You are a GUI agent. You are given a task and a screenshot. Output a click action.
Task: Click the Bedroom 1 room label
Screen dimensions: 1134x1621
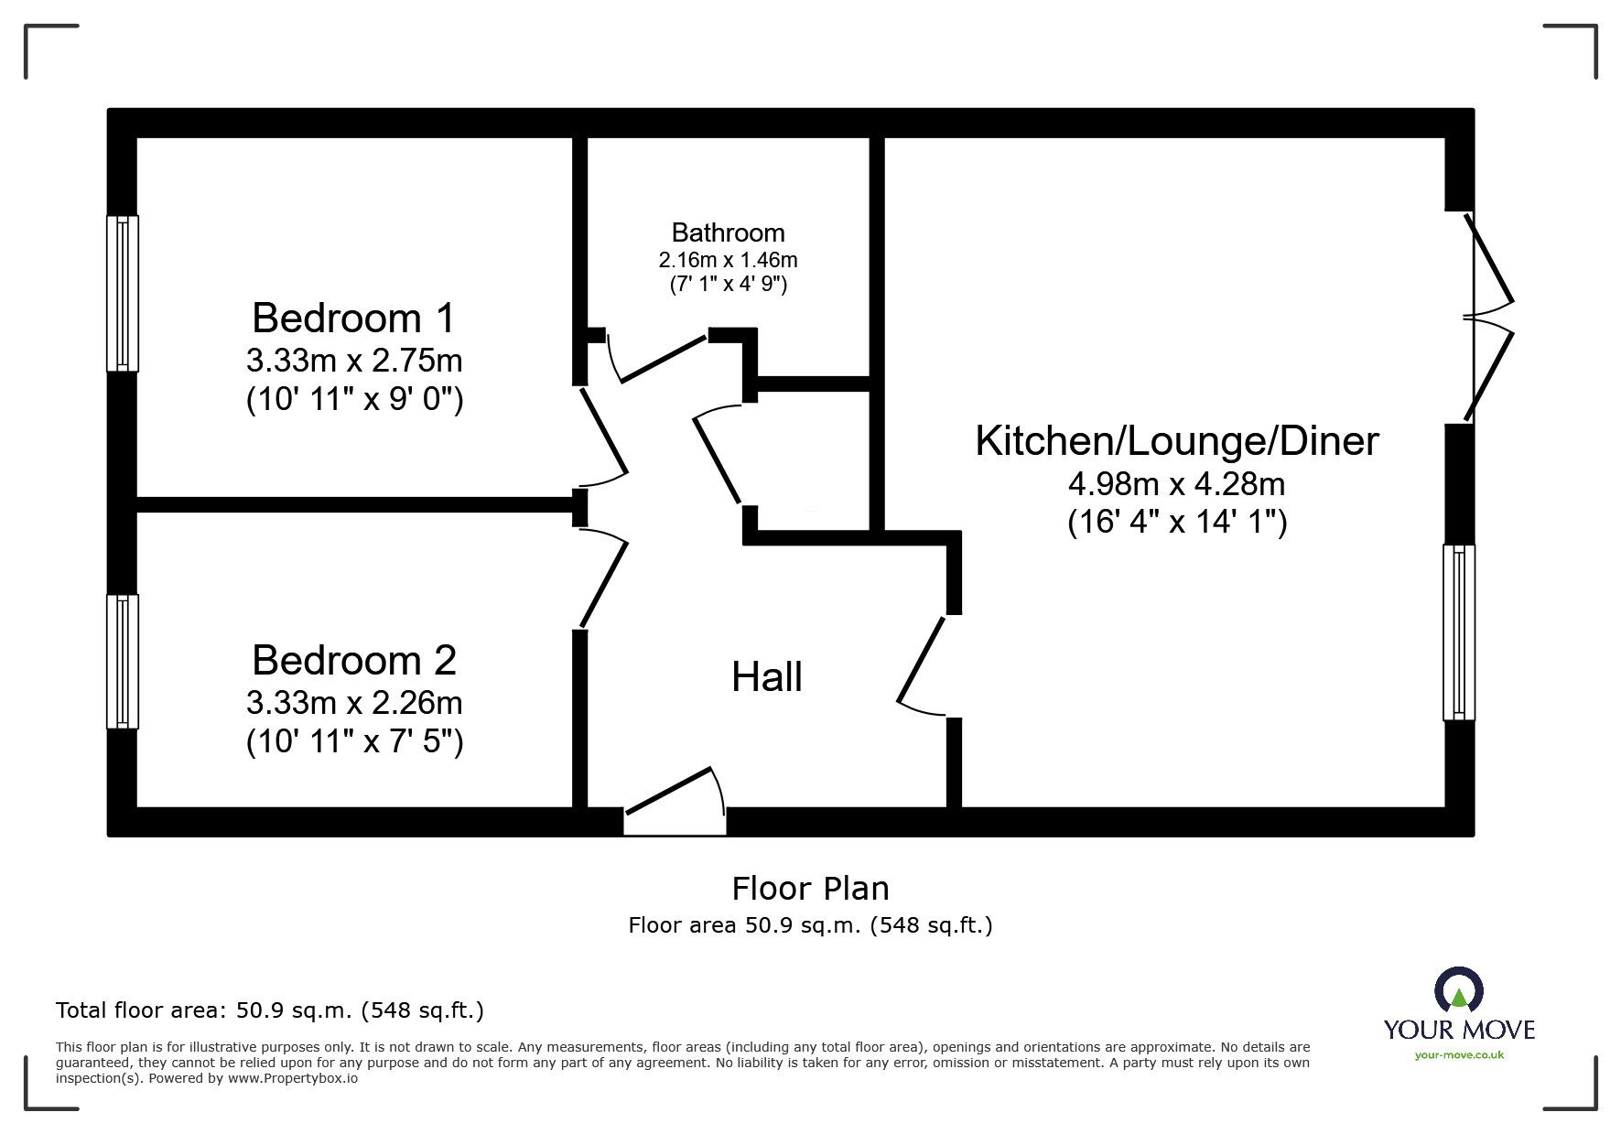point(353,319)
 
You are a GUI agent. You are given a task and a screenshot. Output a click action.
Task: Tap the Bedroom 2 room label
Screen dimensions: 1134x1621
point(353,661)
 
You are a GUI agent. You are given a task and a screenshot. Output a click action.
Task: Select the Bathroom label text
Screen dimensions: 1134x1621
point(728,232)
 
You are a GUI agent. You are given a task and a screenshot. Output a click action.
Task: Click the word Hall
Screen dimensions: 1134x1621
point(767,677)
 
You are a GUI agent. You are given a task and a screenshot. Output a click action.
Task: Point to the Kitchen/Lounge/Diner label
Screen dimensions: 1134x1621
point(1176,441)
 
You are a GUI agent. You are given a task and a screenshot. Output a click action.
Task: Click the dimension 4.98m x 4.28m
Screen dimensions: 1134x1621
point(1176,483)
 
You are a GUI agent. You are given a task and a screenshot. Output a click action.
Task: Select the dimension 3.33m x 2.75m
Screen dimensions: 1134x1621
point(353,361)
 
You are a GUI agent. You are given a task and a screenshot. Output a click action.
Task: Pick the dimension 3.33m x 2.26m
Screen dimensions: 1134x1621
point(353,703)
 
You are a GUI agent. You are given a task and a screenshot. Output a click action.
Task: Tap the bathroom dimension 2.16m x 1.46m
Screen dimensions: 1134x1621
point(728,260)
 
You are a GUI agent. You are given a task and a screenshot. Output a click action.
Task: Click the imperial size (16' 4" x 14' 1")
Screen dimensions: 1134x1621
point(1177,522)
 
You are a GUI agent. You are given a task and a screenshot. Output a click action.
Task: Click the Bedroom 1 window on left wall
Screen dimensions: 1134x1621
point(123,293)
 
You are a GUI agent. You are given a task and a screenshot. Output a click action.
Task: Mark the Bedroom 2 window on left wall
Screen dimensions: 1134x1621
point(123,661)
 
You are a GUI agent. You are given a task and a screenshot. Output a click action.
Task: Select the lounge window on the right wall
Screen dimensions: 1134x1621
point(1458,632)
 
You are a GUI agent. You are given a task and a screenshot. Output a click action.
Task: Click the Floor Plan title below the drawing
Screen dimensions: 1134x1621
point(810,889)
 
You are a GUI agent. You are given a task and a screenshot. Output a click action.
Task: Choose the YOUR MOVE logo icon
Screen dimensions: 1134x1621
point(1458,990)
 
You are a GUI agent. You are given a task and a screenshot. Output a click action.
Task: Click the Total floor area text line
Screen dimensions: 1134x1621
point(270,1010)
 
